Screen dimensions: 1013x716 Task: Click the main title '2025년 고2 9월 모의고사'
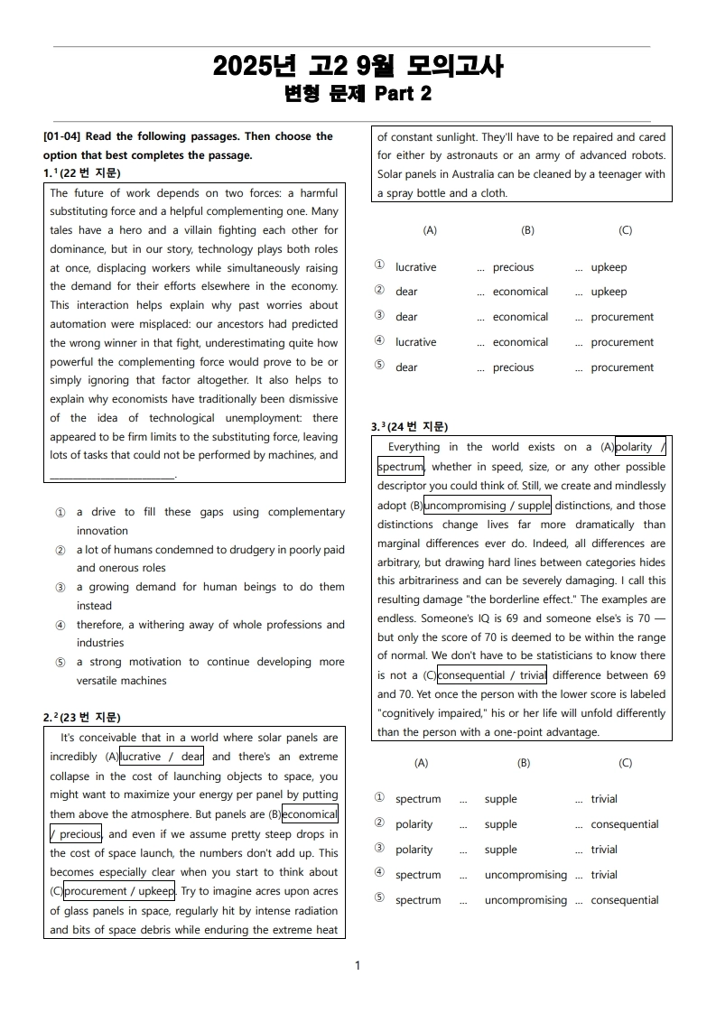pos(358,66)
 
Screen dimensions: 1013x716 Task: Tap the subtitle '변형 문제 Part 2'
pos(358,94)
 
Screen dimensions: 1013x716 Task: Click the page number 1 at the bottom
pos(358,966)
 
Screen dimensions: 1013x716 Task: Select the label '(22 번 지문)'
pos(89,173)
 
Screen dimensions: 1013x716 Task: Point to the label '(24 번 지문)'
pos(417,427)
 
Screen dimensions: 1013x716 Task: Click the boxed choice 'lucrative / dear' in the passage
pos(163,757)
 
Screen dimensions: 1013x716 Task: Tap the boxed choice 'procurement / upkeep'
pos(119,891)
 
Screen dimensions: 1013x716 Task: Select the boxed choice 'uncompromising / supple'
pos(487,506)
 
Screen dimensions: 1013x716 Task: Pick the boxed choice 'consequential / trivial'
pos(492,675)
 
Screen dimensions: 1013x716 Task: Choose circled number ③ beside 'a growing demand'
pos(60,588)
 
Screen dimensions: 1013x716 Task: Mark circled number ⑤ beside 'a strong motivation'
pos(60,663)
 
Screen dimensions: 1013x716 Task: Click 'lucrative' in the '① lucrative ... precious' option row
pos(415,267)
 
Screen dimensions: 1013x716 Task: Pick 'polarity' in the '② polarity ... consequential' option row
pos(414,824)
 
